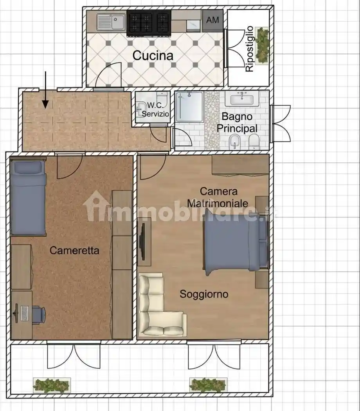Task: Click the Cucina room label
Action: [x=153, y=56]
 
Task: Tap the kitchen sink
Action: [x=112, y=22]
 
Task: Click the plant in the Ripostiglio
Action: [x=262, y=44]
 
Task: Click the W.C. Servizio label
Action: [x=156, y=110]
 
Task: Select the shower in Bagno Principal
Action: [x=189, y=106]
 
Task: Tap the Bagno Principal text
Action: [x=237, y=123]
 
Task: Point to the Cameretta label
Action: [x=74, y=251]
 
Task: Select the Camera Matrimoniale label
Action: [x=218, y=197]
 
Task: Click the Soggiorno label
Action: [x=203, y=294]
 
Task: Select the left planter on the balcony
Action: [x=52, y=385]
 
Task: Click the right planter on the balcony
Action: [x=208, y=384]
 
